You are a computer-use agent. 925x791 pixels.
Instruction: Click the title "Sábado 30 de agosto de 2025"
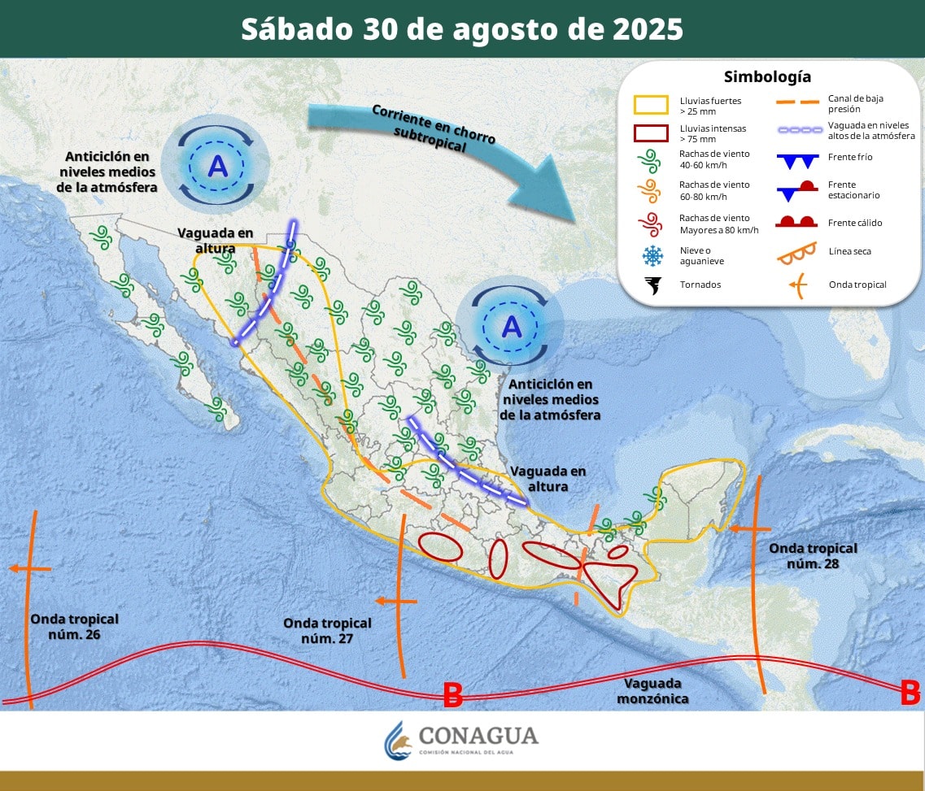coord(462,29)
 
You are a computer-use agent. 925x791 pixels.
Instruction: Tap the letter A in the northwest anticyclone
coord(217,166)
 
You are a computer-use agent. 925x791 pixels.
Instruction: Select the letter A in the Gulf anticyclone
coord(511,326)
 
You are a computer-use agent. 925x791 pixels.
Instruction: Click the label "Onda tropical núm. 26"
coord(74,626)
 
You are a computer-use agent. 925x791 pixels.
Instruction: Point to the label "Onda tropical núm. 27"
coord(327,630)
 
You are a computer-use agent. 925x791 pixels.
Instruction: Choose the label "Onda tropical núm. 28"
coord(813,555)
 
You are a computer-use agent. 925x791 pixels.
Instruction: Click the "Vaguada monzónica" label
coord(652,691)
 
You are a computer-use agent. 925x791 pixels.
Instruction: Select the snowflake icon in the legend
coord(652,256)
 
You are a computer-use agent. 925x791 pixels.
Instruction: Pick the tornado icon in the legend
coord(652,285)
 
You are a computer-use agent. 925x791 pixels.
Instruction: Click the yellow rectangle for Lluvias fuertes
coord(652,104)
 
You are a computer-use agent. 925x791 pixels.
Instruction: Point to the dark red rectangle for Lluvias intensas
coord(652,133)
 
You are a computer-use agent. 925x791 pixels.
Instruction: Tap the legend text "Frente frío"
coord(850,157)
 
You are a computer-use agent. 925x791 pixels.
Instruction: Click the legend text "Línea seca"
coord(849,251)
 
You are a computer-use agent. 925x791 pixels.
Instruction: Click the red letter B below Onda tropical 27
coord(452,695)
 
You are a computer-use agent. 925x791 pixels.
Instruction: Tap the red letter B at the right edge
coord(910,693)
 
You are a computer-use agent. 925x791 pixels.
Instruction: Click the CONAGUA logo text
coord(478,736)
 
